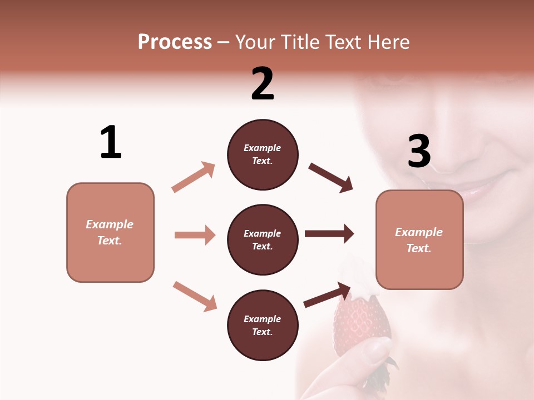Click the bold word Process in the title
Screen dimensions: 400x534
click(175, 42)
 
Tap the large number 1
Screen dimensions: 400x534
click(111, 142)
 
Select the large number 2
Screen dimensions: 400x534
click(263, 84)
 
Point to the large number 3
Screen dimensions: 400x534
click(419, 151)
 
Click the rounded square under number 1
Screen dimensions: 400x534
click(110, 232)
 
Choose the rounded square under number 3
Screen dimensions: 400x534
click(419, 239)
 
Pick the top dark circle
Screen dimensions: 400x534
click(263, 154)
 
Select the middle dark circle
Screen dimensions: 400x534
click(263, 239)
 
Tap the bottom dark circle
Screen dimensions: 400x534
click(263, 325)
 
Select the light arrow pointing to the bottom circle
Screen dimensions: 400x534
click(195, 296)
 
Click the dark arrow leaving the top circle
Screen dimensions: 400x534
click(331, 178)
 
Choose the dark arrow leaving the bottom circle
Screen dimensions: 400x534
click(328, 294)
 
